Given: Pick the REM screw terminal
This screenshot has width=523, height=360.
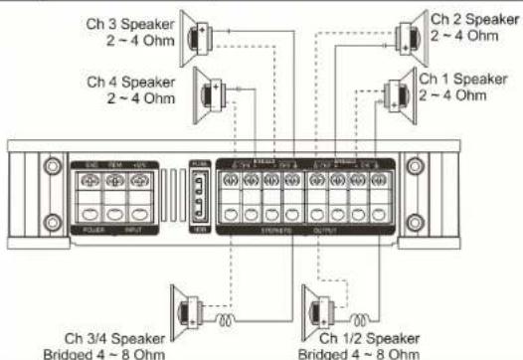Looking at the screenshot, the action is pyautogui.click(x=114, y=181).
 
